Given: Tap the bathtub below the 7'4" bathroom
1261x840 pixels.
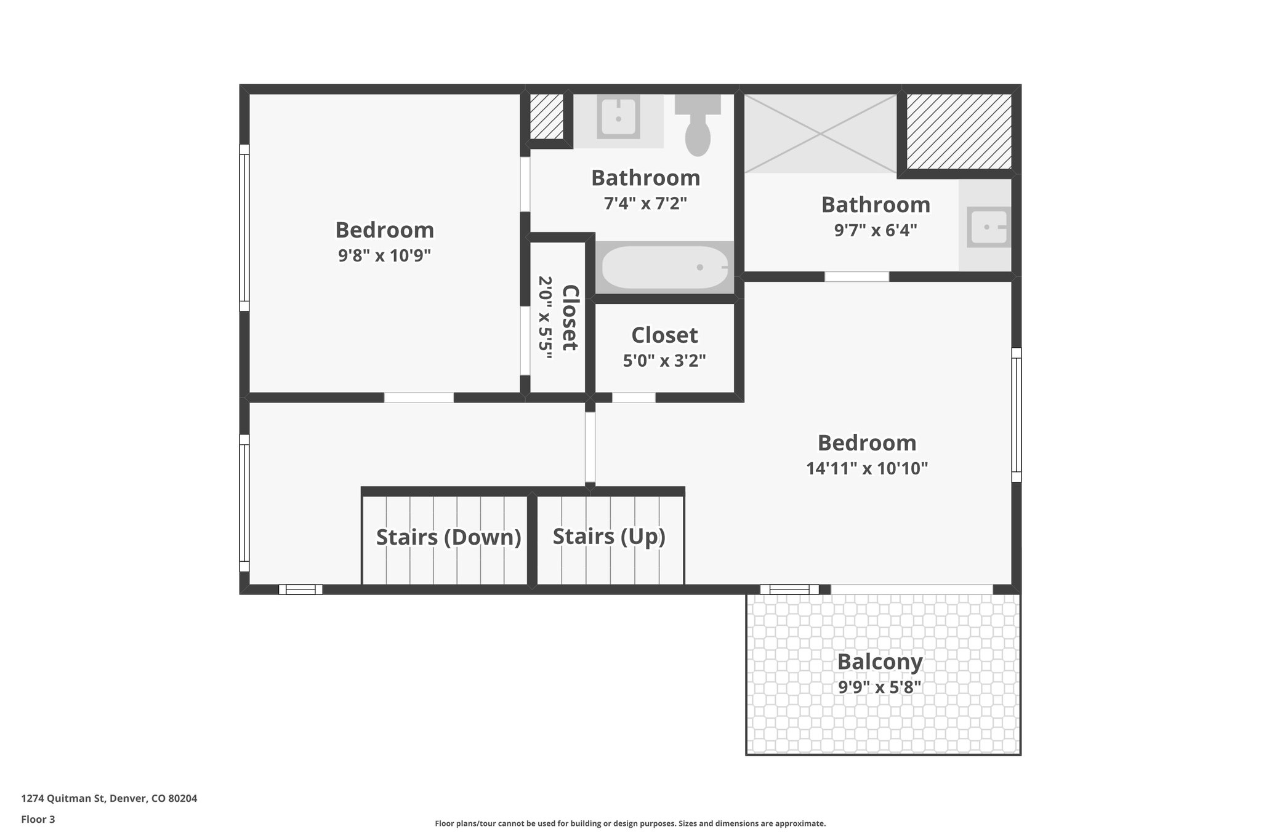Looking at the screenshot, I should click(664, 267).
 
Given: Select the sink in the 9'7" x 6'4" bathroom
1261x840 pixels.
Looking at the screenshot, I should click(987, 227).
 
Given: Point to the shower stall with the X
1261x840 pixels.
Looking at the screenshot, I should click(821, 133).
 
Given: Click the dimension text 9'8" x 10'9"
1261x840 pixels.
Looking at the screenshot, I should click(384, 255).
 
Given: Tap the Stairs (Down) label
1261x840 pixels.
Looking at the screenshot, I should click(448, 537).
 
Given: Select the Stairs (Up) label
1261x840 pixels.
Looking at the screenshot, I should click(609, 536).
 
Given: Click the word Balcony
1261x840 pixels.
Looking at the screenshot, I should click(879, 662).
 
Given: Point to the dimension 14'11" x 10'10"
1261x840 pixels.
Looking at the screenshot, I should click(867, 468).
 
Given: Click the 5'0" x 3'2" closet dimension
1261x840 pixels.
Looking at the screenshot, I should click(664, 361).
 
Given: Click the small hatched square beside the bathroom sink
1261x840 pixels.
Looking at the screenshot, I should click(547, 116).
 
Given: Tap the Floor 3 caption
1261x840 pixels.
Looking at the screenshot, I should click(38, 819).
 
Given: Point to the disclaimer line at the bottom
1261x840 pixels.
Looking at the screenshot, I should click(630, 823).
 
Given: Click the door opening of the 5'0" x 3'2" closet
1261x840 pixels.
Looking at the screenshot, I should click(634, 398).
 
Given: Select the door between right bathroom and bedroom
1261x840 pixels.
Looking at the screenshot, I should click(856, 276).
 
